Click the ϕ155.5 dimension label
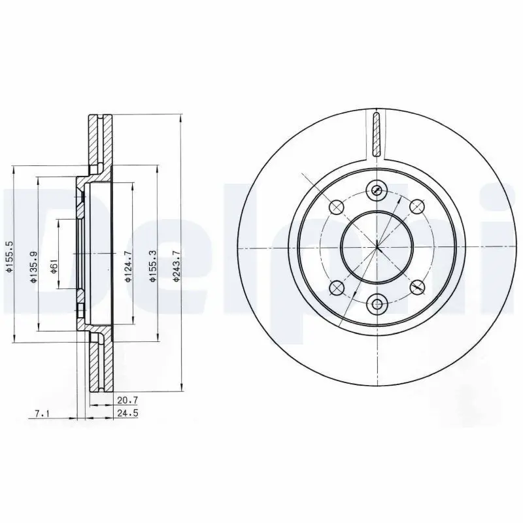[x=10, y=256]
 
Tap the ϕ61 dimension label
[x=54, y=267]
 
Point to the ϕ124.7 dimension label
[x=128, y=266]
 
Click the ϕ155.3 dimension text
[x=152, y=267]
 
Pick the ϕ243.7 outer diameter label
[x=177, y=266]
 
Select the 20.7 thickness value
[x=127, y=399]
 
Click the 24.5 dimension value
[x=127, y=413]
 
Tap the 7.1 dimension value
[x=42, y=414]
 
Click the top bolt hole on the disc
[x=377, y=190]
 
